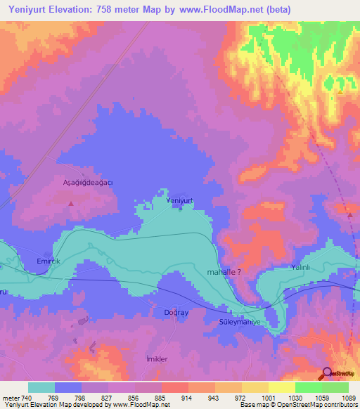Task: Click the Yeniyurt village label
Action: click(179, 200)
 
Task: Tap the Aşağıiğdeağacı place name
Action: click(84, 181)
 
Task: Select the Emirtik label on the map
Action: click(49, 261)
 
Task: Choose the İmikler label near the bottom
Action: click(156, 358)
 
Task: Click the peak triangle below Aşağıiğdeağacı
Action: click(70, 203)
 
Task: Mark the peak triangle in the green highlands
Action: click(340, 91)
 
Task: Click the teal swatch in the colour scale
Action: click(41, 387)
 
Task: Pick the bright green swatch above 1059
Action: click(308, 387)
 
